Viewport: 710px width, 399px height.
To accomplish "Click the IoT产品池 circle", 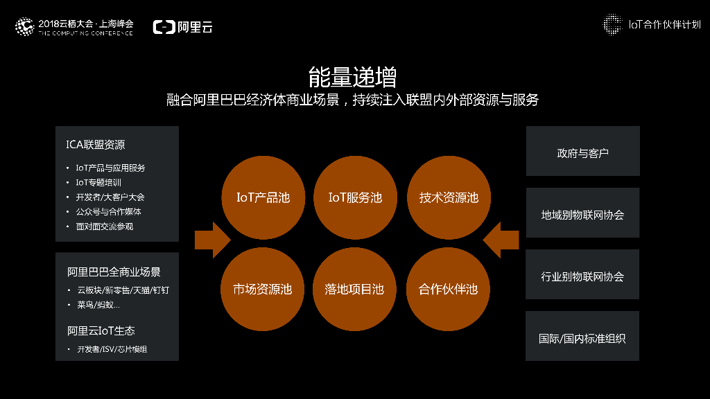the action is click(263, 198).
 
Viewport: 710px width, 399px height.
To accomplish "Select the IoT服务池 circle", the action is click(355, 198).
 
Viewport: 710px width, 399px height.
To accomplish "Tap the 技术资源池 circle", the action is click(448, 198).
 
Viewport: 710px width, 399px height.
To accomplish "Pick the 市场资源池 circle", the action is click(263, 289).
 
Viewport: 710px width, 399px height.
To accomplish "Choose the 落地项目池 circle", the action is click(355, 289).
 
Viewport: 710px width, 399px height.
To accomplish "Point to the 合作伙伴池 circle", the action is click(448, 289).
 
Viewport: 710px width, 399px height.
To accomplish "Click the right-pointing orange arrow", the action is click(211, 240).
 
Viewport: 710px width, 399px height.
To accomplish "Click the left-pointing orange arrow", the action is click(501, 240).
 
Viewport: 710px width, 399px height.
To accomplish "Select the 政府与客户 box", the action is click(582, 152).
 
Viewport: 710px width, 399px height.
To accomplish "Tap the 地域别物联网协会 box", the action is click(582, 214).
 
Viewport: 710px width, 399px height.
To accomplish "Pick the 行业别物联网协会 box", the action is click(582, 276).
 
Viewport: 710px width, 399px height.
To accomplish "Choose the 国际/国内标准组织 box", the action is click(582, 338).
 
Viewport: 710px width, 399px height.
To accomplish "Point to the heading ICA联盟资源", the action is click(96, 145).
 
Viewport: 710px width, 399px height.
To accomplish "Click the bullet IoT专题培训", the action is click(98, 182).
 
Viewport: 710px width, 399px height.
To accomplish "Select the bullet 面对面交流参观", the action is click(104, 227).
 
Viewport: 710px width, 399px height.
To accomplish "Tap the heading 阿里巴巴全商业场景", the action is click(114, 272).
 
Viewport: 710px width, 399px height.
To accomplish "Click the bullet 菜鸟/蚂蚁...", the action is click(98, 305).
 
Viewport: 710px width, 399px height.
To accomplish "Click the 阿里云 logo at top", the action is click(183, 27).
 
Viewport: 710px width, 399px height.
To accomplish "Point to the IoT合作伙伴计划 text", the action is click(664, 25).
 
